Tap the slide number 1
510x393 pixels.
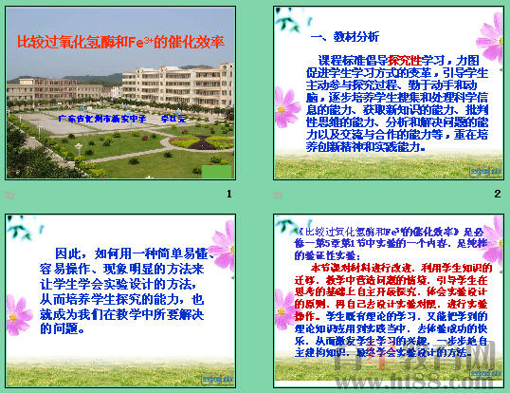(x=228, y=195)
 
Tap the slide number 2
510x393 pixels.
(x=497, y=195)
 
